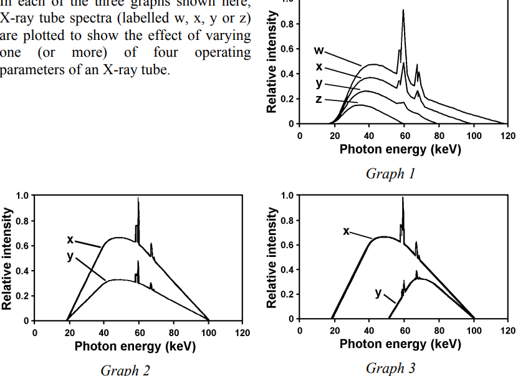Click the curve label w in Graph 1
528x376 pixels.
click(x=319, y=50)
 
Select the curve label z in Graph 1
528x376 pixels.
click(x=319, y=99)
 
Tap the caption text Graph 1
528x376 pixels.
click(x=390, y=173)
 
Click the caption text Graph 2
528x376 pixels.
click(x=125, y=369)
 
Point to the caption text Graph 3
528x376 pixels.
click(x=390, y=367)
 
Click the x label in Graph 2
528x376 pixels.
click(x=70, y=239)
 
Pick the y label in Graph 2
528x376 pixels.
click(x=70, y=256)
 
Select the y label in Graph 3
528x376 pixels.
click(x=378, y=292)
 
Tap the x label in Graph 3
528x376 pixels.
click(x=346, y=231)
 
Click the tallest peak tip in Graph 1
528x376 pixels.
click(x=403, y=10)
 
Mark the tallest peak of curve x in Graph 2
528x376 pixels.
click(x=138, y=198)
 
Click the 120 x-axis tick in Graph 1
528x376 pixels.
click(x=508, y=136)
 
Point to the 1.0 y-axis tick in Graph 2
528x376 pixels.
click(x=22, y=196)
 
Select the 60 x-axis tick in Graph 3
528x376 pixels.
click(x=404, y=330)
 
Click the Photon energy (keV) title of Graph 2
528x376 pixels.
click(x=135, y=346)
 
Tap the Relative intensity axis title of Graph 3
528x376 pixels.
click(x=272, y=258)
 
